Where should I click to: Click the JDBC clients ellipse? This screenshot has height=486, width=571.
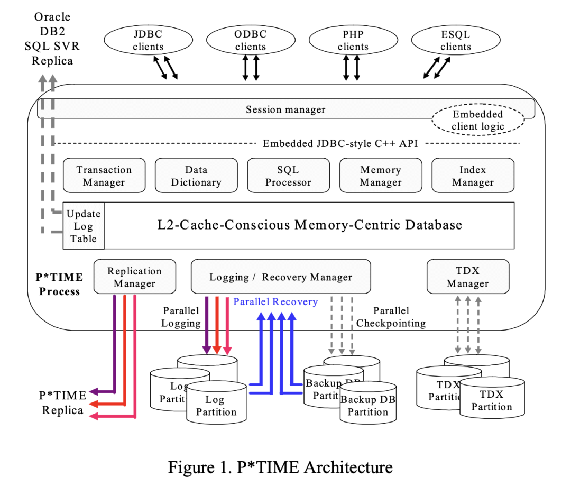(x=149, y=40)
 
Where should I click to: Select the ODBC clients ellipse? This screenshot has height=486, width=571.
(x=251, y=40)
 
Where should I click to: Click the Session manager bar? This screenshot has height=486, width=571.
(x=285, y=109)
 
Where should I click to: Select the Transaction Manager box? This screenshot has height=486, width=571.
(x=104, y=176)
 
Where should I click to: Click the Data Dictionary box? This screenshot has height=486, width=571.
(x=196, y=176)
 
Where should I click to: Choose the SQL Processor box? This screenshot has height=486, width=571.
(x=288, y=176)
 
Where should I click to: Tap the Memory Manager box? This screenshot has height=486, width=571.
(x=381, y=176)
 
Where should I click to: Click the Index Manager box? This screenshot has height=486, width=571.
(x=473, y=176)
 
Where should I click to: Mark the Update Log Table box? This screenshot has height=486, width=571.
(x=84, y=226)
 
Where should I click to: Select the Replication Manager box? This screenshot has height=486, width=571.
(x=135, y=277)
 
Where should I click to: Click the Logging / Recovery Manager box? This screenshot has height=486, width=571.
(x=281, y=277)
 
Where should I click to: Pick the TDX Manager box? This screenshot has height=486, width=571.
(x=468, y=277)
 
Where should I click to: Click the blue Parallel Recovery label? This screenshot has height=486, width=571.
(x=275, y=302)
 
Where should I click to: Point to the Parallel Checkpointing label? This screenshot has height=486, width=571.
(x=391, y=317)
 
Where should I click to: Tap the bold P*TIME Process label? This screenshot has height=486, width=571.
(x=60, y=283)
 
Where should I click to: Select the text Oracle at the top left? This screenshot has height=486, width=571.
(x=52, y=17)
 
